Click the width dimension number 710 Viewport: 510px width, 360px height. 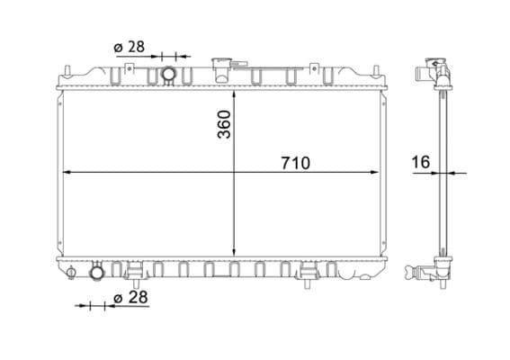pos(294,163)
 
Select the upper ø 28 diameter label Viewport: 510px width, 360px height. pos(130,46)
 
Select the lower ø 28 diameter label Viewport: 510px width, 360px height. pos(131,297)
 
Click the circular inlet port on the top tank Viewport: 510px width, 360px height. pos(167,74)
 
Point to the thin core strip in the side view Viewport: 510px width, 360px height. pos(443,171)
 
